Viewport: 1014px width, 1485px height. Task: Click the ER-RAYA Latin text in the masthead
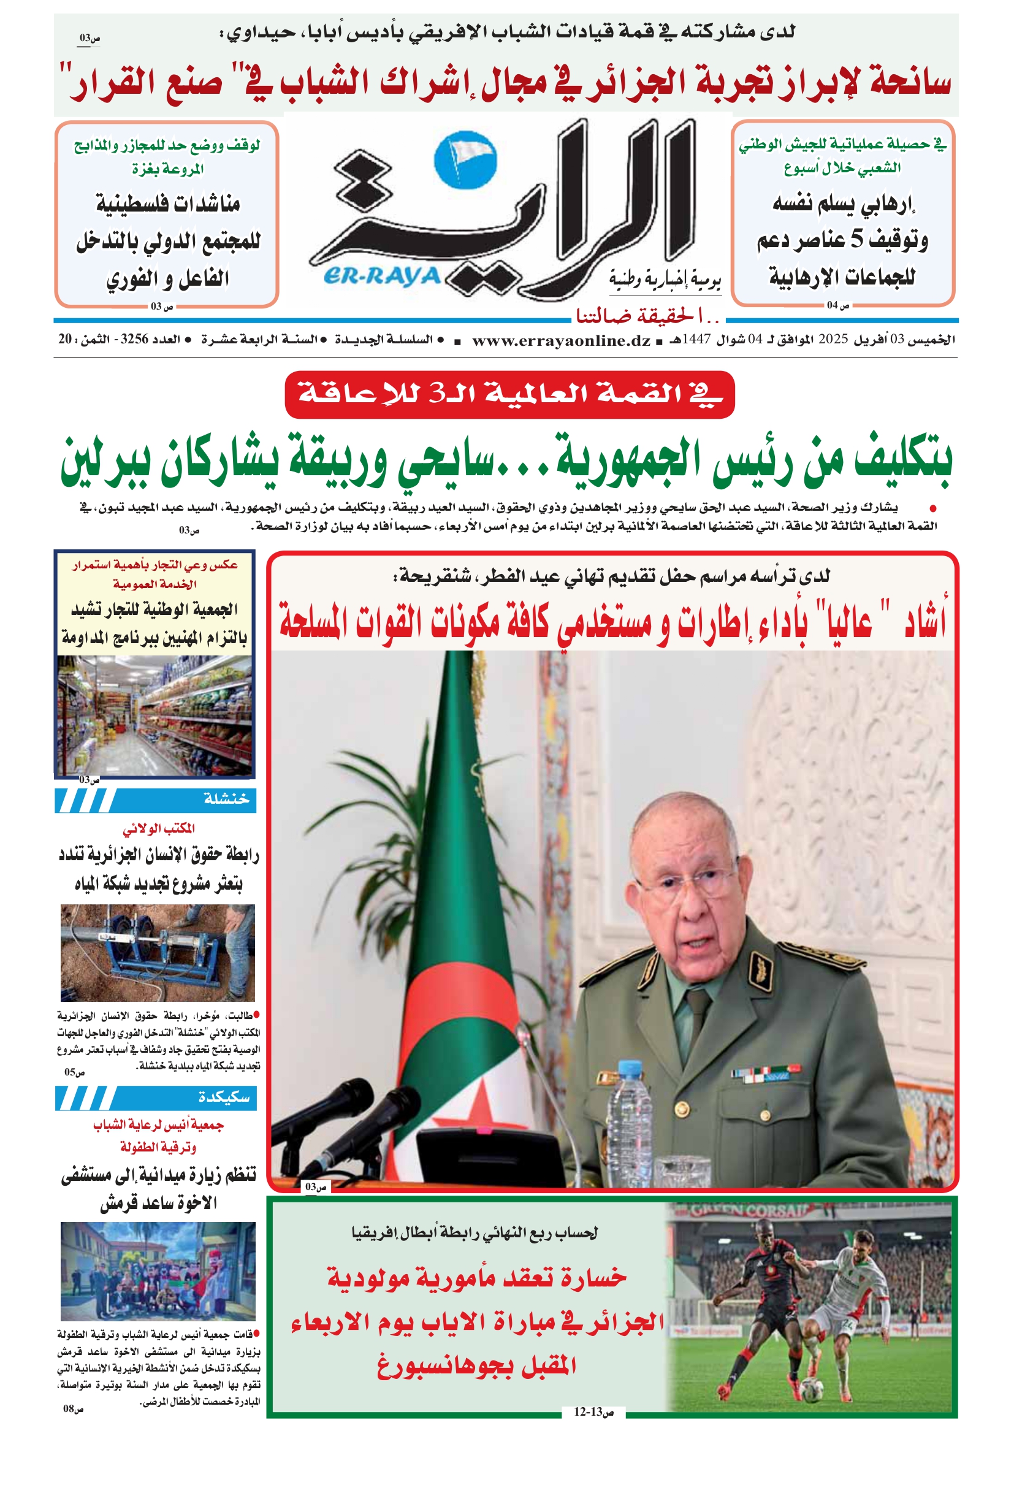click(382, 276)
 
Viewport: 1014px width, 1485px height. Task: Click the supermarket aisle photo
click(155, 716)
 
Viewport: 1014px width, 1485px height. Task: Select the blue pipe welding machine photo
click(157, 952)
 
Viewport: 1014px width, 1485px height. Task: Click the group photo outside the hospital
click(158, 1271)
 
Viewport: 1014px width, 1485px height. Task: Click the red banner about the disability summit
click(509, 394)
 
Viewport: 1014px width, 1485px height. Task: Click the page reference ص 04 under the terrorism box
click(837, 305)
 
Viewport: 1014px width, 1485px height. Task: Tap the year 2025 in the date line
click(833, 339)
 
